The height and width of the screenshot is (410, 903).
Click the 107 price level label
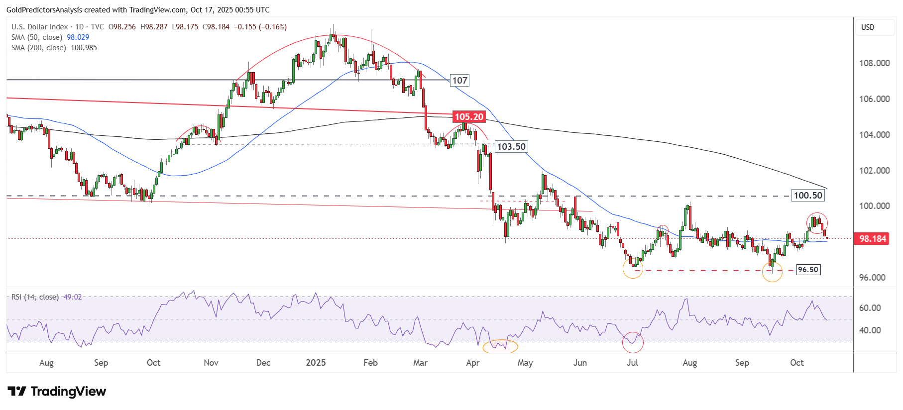pos(459,81)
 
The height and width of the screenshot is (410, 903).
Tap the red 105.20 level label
pos(469,117)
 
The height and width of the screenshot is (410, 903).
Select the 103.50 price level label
pos(511,147)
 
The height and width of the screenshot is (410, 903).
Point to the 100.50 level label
pos(807,196)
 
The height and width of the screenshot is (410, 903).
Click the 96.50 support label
pos(808,270)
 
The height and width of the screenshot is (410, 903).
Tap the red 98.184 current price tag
pos(873,239)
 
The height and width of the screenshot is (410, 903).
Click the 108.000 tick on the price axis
pos(874,63)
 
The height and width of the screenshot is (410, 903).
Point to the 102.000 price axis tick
pos(874,171)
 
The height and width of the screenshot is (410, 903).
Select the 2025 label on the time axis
pos(316,363)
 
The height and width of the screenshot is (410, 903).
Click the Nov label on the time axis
pos(211,363)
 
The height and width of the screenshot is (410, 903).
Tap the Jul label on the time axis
pos(632,363)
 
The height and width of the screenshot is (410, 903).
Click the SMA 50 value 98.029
pos(78,37)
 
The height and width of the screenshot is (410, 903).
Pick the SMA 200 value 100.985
pos(84,48)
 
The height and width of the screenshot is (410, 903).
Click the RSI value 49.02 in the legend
pos(72,297)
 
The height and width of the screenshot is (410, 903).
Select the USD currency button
pos(868,27)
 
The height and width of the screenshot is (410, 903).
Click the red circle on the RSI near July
pos(633,342)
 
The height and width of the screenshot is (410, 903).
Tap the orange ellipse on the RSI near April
pos(500,346)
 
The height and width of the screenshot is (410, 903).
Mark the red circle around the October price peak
pos(817,223)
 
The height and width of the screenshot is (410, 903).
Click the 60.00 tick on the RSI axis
pos(870,308)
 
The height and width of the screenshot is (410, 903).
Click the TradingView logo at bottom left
pos(57,392)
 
